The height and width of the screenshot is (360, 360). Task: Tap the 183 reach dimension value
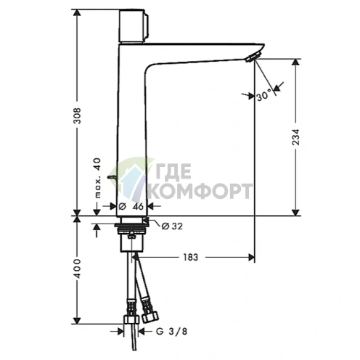click(x=191, y=257)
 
